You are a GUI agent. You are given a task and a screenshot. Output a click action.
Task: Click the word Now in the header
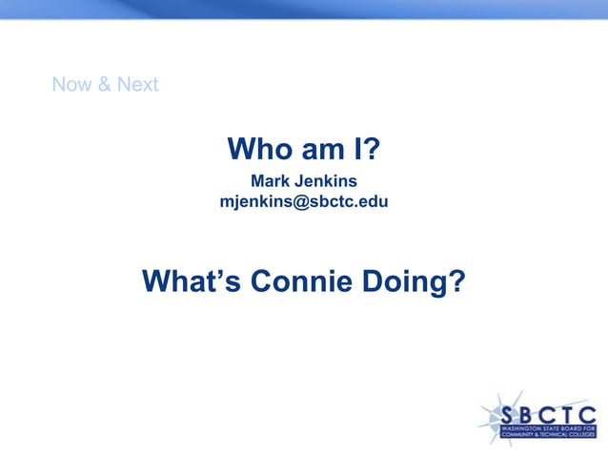(71, 84)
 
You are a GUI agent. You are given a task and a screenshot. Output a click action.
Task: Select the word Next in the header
(137, 84)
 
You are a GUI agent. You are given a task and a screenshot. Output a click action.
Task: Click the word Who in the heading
(258, 150)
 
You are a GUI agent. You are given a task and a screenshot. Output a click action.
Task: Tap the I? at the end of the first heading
(368, 150)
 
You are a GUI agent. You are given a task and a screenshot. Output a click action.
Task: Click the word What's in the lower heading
(193, 281)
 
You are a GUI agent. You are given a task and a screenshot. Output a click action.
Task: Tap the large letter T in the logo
(569, 416)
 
